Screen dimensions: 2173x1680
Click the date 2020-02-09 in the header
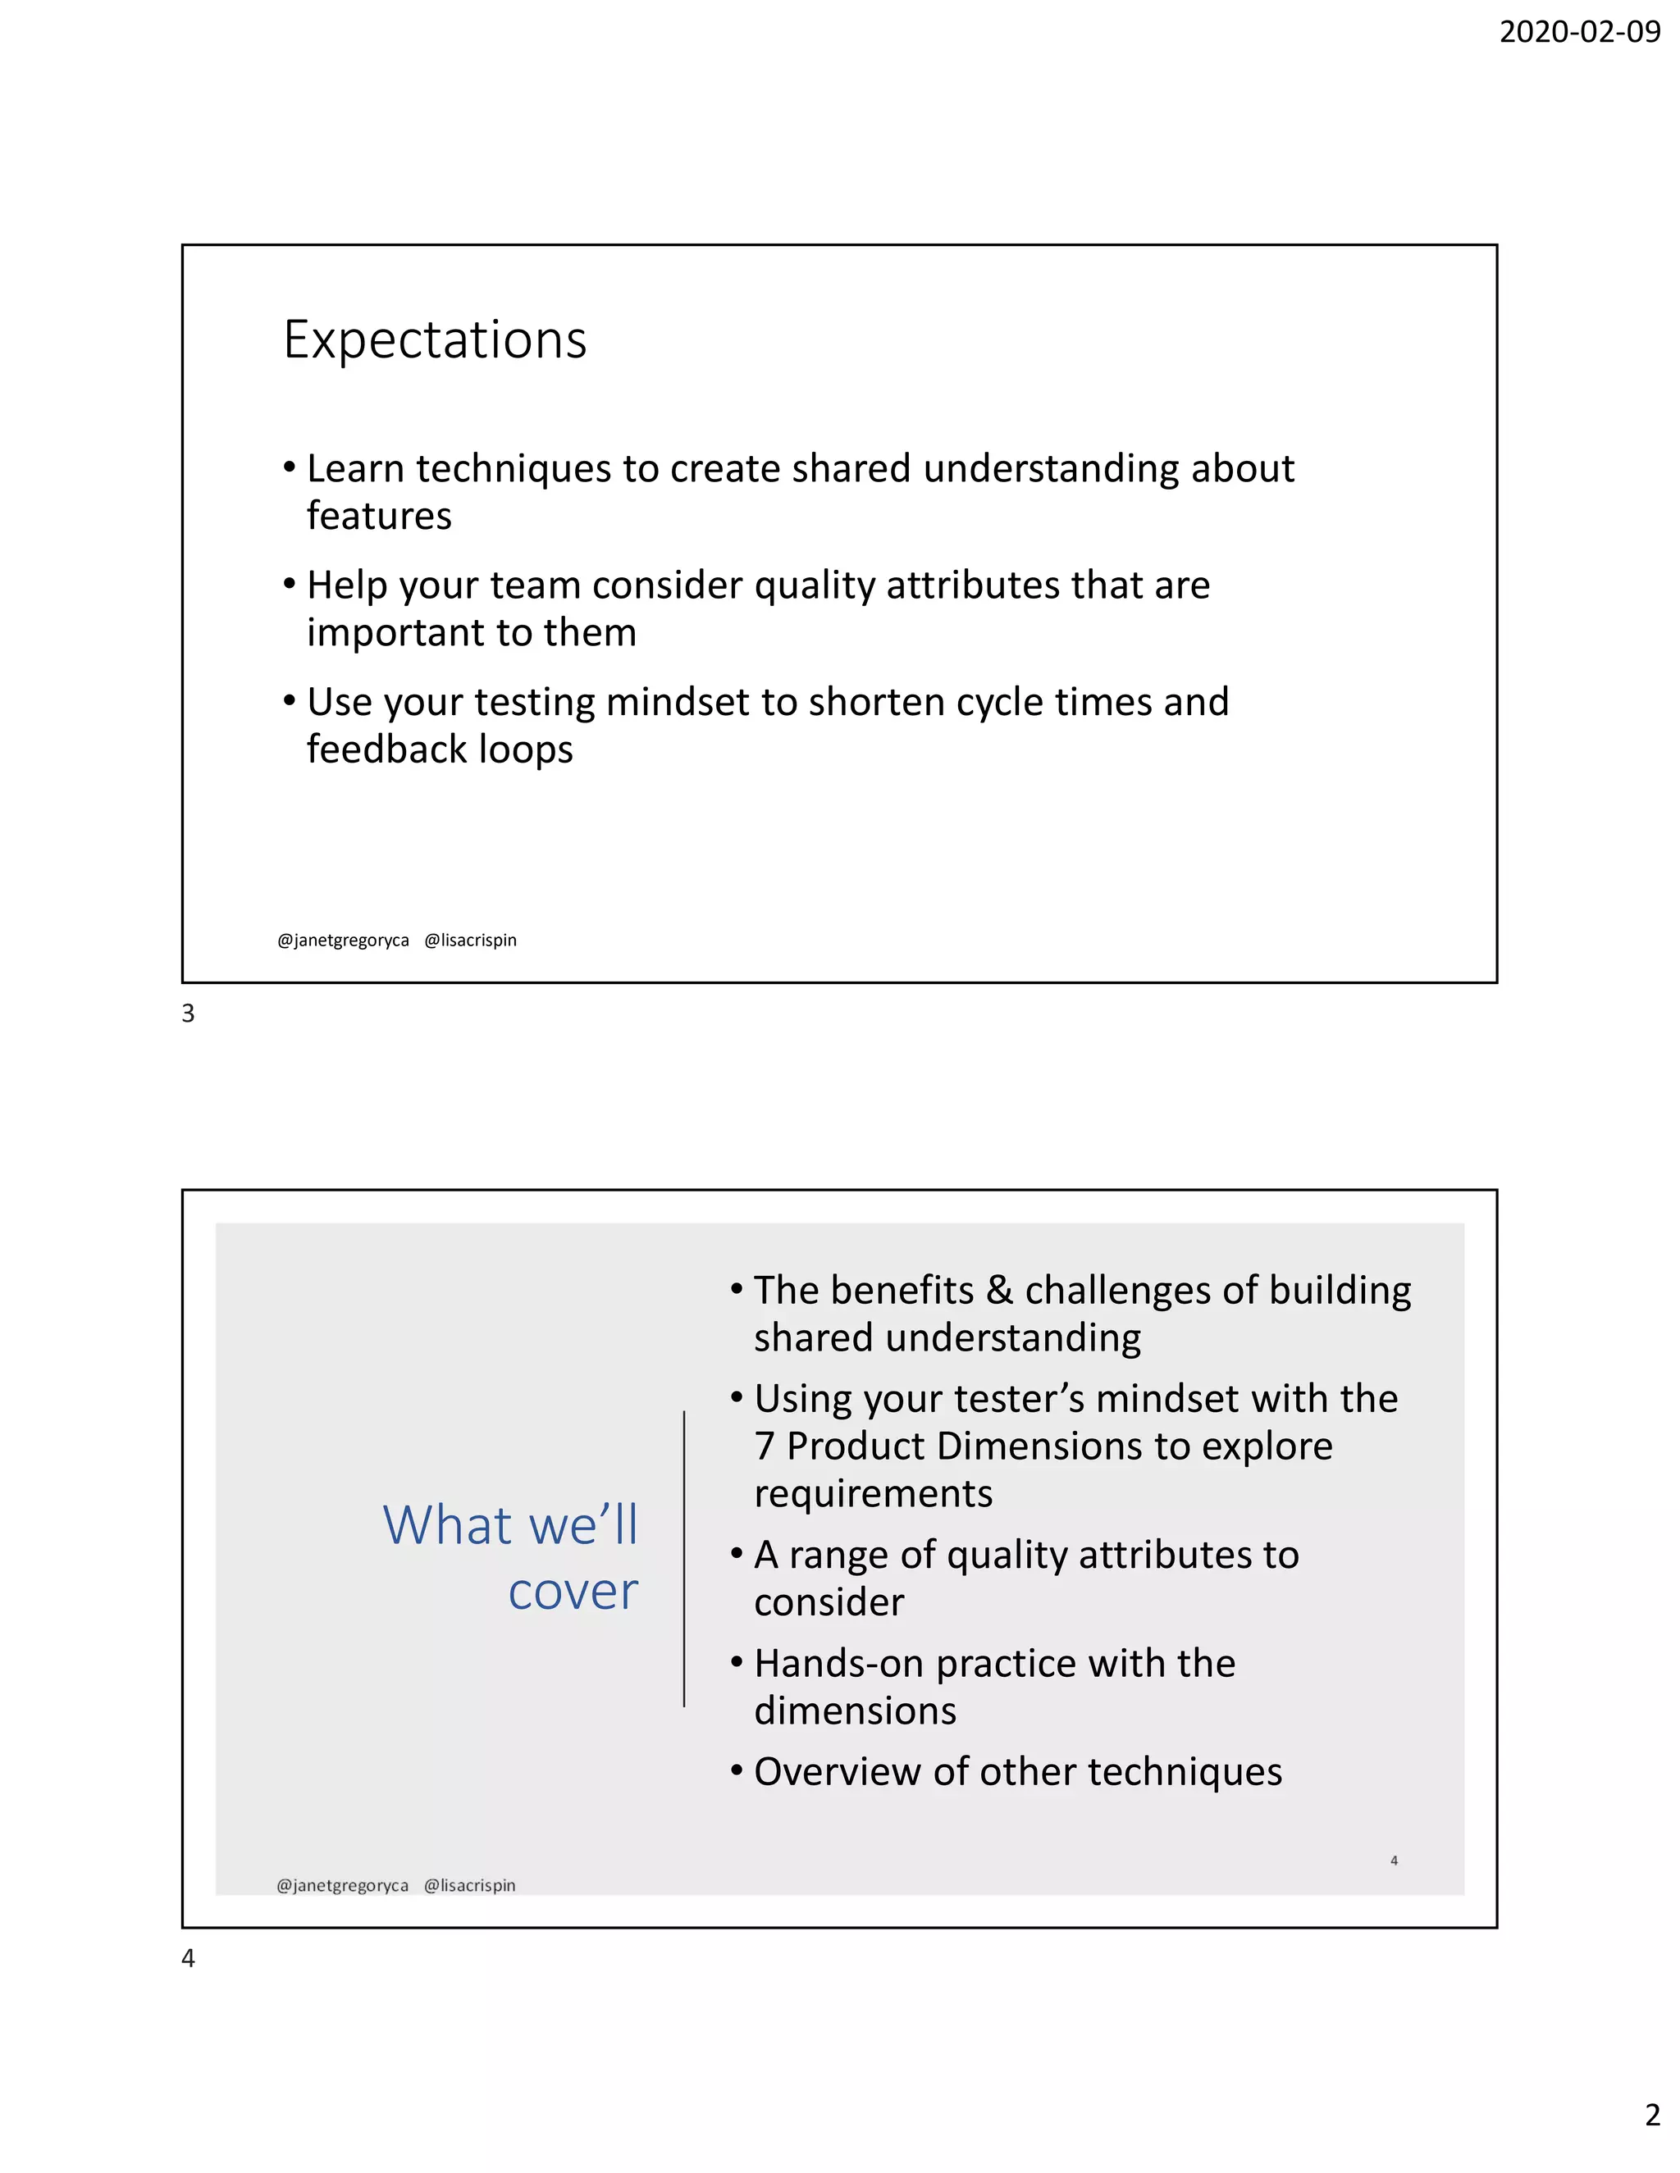click(x=1578, y=32)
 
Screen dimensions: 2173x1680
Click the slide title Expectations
click(x=435, y=340)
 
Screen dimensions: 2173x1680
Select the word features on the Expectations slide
click(x=379, y=517)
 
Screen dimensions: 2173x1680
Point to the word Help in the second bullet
click(x=346, y=585)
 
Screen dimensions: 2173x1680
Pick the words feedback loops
click(x=440, y=749)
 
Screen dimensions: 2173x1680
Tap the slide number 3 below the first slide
click(x=188, y=1014)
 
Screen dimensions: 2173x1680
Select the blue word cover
click(x=573, y=1591)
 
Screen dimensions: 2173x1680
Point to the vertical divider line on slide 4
click(x=684, y=1558)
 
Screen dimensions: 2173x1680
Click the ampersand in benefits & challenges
click(x=999, y=1291)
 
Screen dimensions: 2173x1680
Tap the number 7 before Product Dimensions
click(x=765, y=1446)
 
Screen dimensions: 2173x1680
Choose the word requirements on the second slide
click(x=873, y=1494)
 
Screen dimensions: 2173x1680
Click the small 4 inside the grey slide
click(x=1395, y=1861)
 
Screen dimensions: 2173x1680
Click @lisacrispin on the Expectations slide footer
click(x=471, y=941)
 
